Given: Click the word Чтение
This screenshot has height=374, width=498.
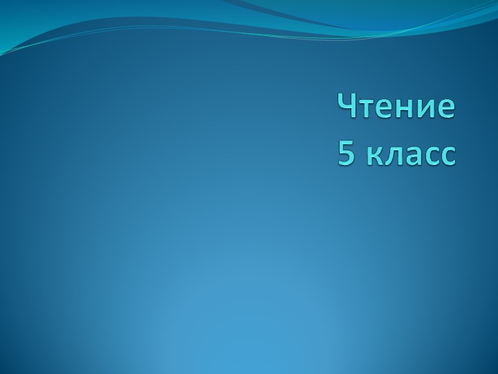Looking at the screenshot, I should (396, 107).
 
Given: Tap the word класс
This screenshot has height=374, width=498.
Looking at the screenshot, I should (411, 156).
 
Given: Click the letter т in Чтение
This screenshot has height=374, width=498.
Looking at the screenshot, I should (367, 109).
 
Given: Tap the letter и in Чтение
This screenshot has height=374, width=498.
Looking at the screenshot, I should (427, 109).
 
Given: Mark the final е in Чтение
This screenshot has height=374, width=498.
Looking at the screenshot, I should (446, 109).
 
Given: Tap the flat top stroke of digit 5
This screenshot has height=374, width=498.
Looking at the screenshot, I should (348, 143).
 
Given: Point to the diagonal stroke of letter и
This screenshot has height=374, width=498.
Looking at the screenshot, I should (427, 109).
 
